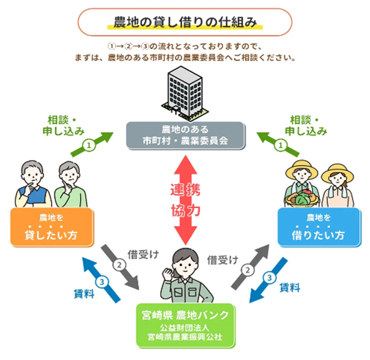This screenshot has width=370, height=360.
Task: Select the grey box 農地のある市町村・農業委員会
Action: click(x=185, y=136)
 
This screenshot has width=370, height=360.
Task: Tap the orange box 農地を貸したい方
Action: click(x=52, y=227)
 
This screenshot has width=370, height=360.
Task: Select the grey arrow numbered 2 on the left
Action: click(x=122, y=266)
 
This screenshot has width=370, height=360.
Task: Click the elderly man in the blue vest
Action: click(x=31, y=183)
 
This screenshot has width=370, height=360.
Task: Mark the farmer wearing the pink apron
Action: click(x=336, y=186)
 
